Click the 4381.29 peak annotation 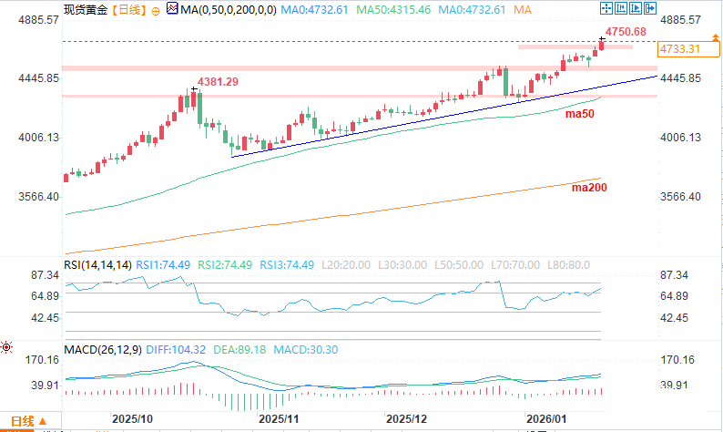[x=219, y=82]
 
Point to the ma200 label [x=588, y=188]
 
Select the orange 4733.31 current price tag [x=679, y=49]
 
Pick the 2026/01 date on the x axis [x=548, y=418]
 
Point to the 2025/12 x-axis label [x=407, y=418]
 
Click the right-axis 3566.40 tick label [x=680, y=197]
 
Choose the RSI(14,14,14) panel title [x=98, y=264]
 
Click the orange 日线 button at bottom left [x=22, y=421]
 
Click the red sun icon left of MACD [x=7, y=347]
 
